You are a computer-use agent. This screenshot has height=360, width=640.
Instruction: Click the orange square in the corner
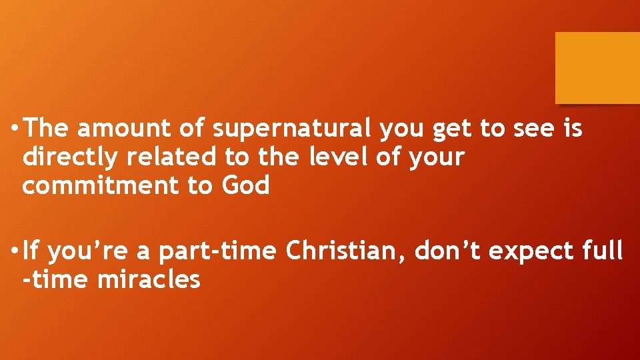click(597, 68)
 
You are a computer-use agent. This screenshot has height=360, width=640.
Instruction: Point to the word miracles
click(149, 279)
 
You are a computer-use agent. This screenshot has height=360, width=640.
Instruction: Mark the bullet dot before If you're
click(14, 252)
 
